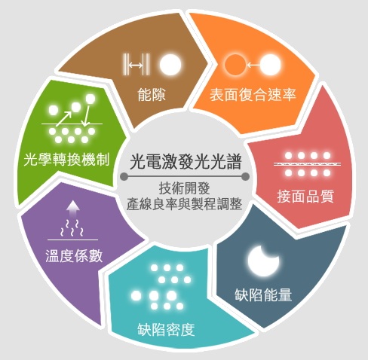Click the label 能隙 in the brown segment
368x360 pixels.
point(152,95)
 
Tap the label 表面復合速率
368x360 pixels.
point(253,95)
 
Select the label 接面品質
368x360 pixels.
point(305,197)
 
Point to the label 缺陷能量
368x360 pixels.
point(263,294)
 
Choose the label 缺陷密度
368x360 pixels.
point(166,330)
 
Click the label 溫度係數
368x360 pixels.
point(74,256)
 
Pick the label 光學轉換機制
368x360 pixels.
point(66,160)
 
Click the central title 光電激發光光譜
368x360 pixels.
point(186,162)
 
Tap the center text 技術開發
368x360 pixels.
point(185,188)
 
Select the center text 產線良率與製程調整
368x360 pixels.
point(185,204)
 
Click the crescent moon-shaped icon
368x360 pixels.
point(262,261)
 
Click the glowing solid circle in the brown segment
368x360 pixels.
point(170,65)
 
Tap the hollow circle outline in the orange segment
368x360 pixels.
point(235,65)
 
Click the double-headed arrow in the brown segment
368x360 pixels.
point(136,66)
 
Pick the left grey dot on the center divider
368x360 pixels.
point(124,176)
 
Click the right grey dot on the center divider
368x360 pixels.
point(245,176)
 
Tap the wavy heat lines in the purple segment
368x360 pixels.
point(72,228)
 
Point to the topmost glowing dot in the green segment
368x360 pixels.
point(90,99)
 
